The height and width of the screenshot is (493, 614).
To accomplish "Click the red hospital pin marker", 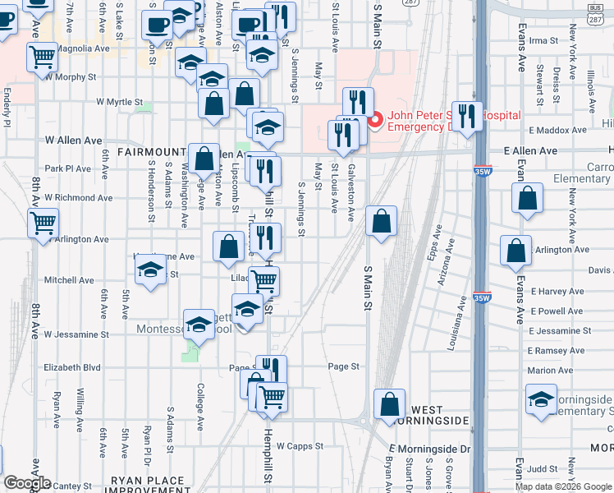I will [375, 121].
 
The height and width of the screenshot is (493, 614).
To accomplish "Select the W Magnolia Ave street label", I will [80, 49].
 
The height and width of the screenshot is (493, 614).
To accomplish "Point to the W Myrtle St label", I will [120, 102].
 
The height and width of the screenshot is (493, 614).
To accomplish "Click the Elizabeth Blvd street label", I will [72, 367].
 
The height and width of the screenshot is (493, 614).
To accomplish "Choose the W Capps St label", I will [300, 446].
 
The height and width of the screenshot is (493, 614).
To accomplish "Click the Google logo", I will [26, 483].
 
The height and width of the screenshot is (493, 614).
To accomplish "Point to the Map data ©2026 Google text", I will [563, 486].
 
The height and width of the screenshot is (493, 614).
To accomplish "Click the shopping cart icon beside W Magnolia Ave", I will [42, 58].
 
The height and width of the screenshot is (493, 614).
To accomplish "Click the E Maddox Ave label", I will [558, 131].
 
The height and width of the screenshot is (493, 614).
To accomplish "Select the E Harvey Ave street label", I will [557, 292].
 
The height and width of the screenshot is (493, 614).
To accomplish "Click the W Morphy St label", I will [72, 77].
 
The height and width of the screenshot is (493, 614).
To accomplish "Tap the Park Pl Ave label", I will [68, 168].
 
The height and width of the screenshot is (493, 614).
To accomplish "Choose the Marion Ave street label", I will [551, 371].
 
